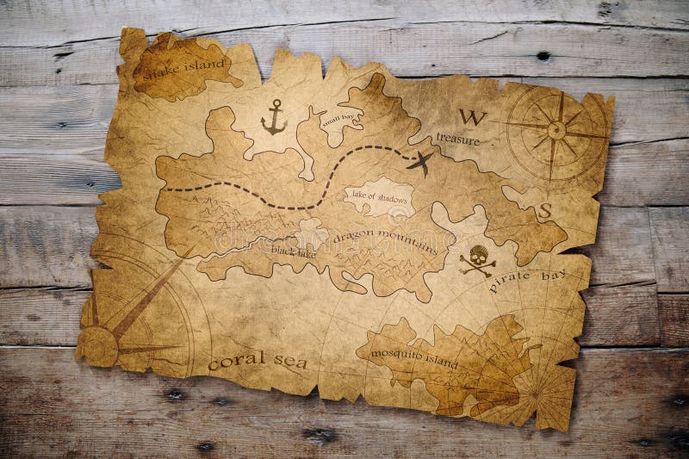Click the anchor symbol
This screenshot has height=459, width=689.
click(274, 118)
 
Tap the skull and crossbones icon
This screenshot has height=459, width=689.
click(477, 259)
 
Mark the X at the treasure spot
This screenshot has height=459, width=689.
click(419, 161)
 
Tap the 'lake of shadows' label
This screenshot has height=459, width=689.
click(380, 199)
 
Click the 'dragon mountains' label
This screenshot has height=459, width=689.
click(384, 240)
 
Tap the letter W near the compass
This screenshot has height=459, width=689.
click(472, 117)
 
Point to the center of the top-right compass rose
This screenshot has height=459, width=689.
click(556, 130)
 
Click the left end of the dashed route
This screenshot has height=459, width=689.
click(167, 189)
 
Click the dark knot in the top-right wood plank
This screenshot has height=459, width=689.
click(543, 56)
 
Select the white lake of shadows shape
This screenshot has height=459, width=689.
click(379, 196)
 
